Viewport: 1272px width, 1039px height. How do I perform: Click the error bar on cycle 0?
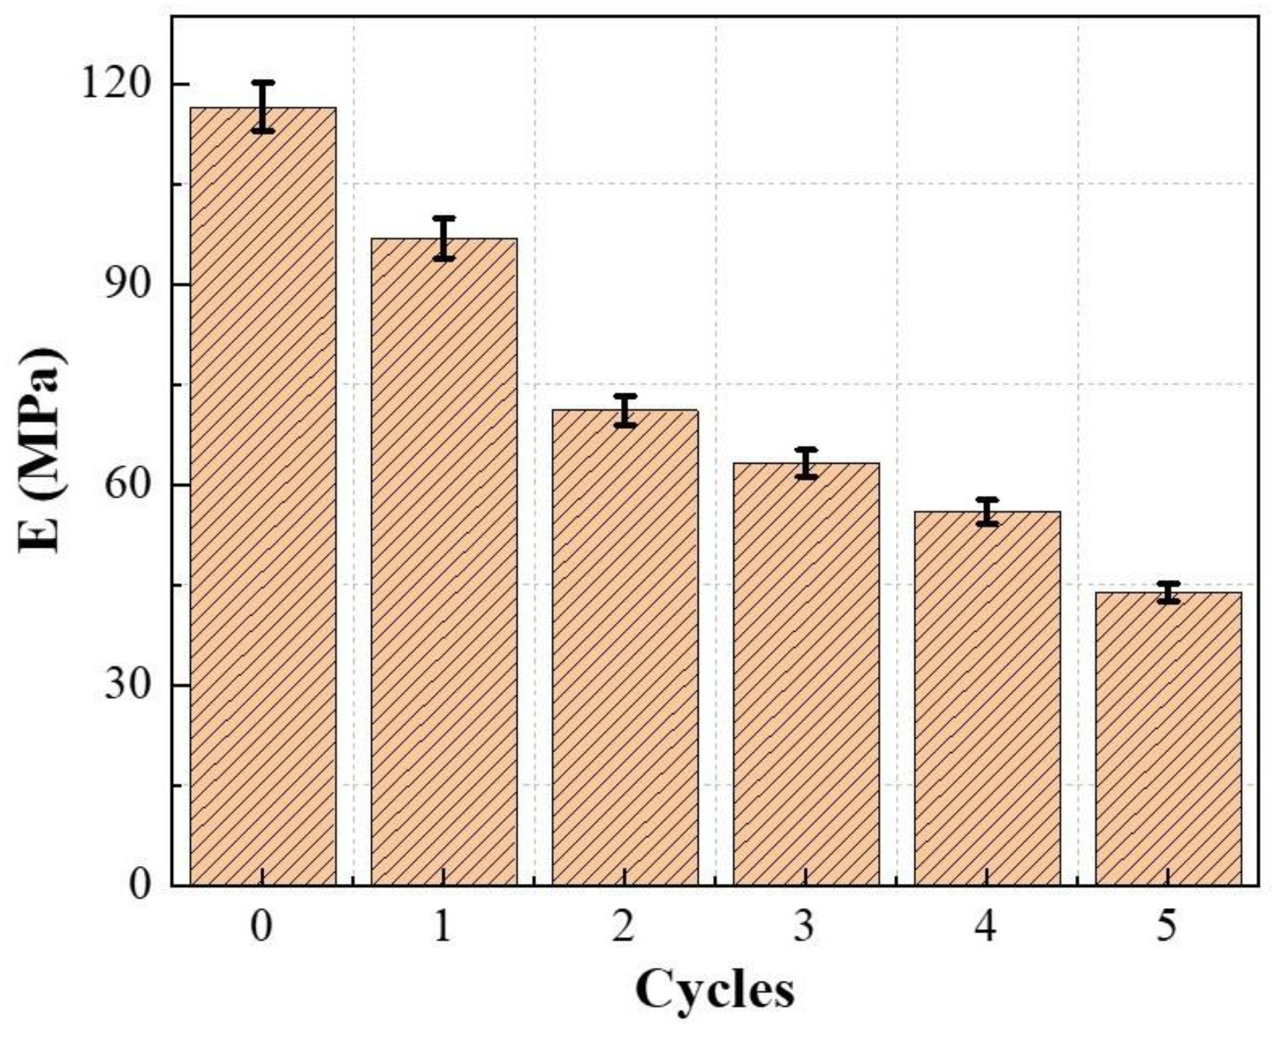[262, 107]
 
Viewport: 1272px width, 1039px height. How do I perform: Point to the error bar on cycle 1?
[444, 238]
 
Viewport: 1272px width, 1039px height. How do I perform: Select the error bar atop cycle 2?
[625, 410]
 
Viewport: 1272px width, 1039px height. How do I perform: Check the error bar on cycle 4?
[987, 512]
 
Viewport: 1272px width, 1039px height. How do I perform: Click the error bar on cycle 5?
[1168, 592]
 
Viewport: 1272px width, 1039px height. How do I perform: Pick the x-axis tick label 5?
[1167, 927]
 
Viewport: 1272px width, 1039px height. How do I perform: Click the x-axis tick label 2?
[624, 927]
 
